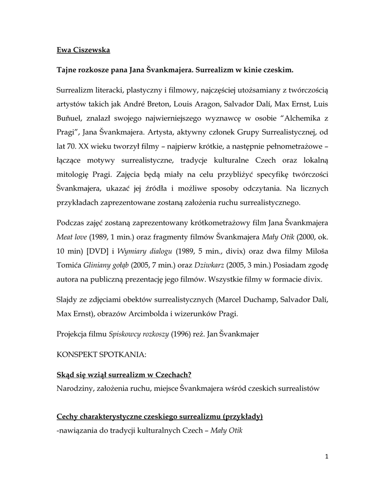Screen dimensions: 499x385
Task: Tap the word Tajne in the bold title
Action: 68,70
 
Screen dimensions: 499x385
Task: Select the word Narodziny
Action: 73,388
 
